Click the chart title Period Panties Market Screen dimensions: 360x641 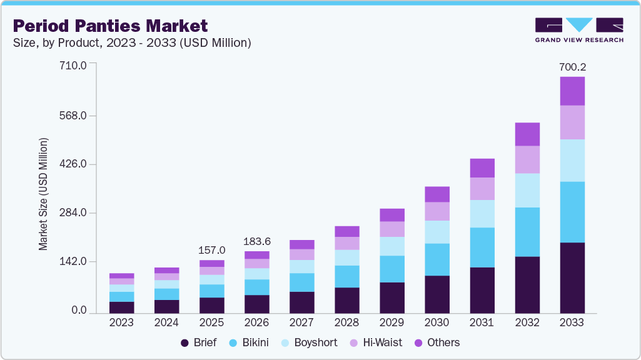[110, 26]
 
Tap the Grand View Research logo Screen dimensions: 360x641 [579, 30]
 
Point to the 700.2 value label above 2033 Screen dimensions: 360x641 [572, 67]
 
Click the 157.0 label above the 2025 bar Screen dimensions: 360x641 [211, 250]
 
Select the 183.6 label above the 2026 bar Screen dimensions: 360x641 [256, 241]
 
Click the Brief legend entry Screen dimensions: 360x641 [198, 342]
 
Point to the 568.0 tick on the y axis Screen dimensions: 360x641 [73, 116]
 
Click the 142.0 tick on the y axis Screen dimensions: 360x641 [73, 261]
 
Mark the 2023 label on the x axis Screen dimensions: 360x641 [121, 323]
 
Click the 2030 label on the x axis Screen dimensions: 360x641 [437, 323]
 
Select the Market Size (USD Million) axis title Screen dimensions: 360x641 [43, 194]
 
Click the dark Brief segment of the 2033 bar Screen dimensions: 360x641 [572, 277]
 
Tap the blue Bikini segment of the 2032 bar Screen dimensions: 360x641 [527, 232]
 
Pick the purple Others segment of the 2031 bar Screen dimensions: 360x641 [482, 168]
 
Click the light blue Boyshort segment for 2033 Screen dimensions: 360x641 [572, 161]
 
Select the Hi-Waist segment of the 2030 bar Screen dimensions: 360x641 [437, 211]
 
